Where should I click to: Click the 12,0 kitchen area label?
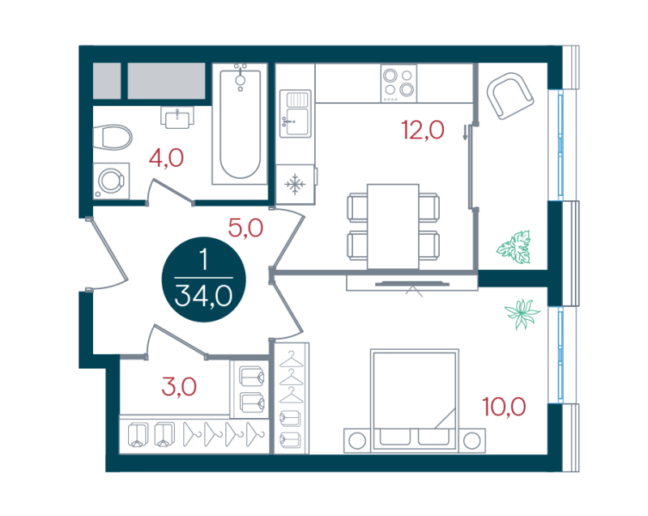(422, 130)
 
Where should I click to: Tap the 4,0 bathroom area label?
(166, 158)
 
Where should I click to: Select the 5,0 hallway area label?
(245, 228)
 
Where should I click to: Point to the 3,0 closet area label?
(179, 386)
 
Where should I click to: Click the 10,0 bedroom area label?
(504, 407)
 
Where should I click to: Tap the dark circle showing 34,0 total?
(204, 279)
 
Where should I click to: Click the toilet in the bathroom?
(113, 137)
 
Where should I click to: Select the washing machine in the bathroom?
(111, 181)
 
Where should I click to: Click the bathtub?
(240, 123)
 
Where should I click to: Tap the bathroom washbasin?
(177, 117)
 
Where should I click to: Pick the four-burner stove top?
(399, 84)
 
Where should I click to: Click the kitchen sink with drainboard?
(295, 113)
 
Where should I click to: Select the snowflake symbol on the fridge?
(295, 184)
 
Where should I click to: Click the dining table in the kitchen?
(393, 226)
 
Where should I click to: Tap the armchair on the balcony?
(510, 96)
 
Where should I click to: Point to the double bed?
(415, 399)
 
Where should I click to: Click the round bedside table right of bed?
(471, 441)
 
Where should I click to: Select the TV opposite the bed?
(412, 284)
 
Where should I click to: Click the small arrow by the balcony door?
(465, 132)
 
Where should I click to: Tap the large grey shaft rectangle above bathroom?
(167, 81)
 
